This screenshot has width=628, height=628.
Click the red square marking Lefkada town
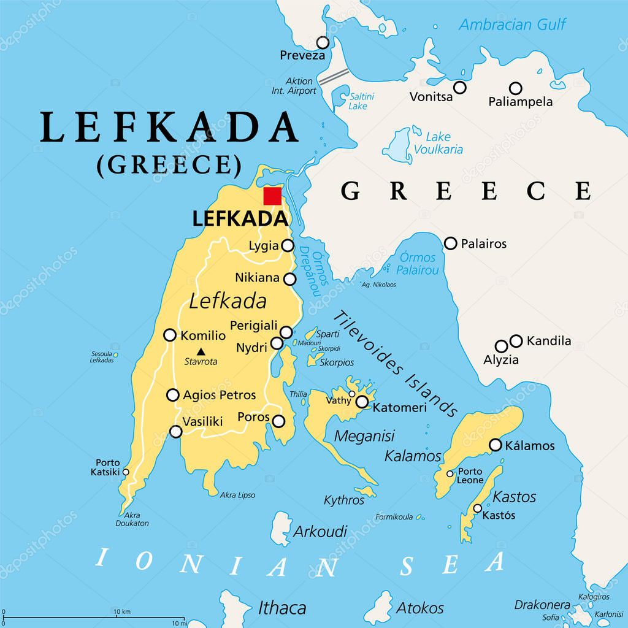click(x=272, y=196)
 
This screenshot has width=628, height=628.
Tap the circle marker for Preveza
click(x=323, y=42)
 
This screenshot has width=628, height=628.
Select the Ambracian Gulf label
click(x=513, y=25)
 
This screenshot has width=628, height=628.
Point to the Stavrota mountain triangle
click(x=201, y=351)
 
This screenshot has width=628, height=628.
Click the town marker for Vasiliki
click(x=176, y=431)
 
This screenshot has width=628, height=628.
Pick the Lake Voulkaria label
click(x=438, y=144)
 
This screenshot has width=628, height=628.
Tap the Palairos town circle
click(x=451, y=243)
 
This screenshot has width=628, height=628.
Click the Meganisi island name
click(x=364, y=435)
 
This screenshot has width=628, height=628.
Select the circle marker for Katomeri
click(x=362, y=402)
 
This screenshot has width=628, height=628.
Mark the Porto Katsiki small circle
click(x=126, y=472)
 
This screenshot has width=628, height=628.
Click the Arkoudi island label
click(x=320, y=531)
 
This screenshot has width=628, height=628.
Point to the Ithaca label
click(x=281, y=608)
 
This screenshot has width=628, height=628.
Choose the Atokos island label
click(x=419, y=608)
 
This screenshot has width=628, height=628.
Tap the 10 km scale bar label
click(x=121, y=612)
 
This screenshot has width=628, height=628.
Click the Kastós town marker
click(x=478, y=508)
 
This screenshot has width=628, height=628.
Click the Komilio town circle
click(x=170, y=335)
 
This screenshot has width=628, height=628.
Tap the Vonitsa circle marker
click(x=460, y=88)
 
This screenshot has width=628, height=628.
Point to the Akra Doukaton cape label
click(x=132, y=519)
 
